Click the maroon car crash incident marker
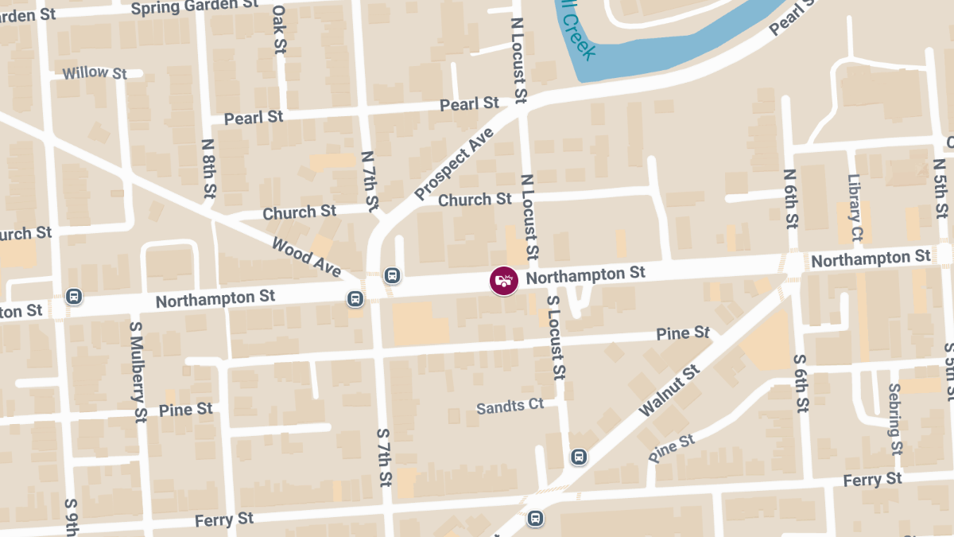coord(503,280)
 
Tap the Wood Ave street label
coord(305,256)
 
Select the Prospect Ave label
coord(454,163)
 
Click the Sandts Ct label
coord(510,406)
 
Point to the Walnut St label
coord(670,390)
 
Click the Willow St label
coord(95,73)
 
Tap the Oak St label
coord(278,30)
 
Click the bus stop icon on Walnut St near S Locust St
coord(579,457)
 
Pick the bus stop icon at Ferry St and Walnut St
coord(536,519)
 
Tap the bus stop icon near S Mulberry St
coord(74,296)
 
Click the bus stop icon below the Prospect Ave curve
coord(391,275)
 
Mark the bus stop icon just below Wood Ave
coord(355,299)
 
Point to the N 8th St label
coord(209,169)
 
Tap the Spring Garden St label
coord(196,6)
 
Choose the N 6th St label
coord(790,198)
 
